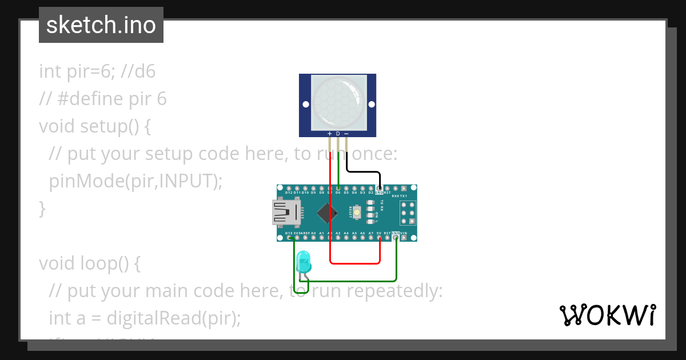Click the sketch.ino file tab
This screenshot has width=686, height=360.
101,25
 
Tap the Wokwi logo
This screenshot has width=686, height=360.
607,315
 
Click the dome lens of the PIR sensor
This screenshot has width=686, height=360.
338,102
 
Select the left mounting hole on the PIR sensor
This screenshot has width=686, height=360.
306,105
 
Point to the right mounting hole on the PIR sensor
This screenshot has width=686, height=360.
370,105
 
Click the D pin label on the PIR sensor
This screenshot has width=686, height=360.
338,134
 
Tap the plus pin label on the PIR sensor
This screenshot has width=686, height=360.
330,134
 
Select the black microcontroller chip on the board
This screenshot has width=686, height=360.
327,213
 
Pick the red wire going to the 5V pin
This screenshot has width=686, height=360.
354,263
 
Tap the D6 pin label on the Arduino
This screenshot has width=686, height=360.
338,193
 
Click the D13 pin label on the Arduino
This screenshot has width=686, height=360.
289,233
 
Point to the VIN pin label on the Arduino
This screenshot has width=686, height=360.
404,233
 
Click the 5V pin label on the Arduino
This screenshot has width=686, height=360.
379,233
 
